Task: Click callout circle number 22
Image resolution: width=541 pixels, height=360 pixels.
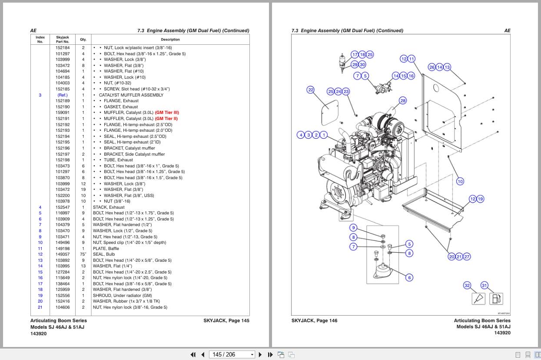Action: pyautogui.click(x=310, y=90)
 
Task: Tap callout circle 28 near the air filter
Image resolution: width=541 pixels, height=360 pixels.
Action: pyautogui.click(x=403, y=101)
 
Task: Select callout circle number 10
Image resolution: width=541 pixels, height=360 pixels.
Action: pyautogui.click(x=460, y=181)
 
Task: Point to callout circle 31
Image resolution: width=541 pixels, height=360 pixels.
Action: pyautogui.click(x=484, y=285)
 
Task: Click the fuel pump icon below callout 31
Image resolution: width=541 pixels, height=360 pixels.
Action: pyautogui.click(x=496, y=299)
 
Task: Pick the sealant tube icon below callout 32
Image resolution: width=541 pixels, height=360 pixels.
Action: pyautogui.click(x=478, y=299)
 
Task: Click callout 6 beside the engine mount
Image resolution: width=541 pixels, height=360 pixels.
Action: pyautogui.click(x=409, y=277)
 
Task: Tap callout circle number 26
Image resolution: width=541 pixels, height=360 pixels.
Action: pyautogui.click(x=431, y=67)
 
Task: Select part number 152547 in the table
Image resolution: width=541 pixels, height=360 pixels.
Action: pyautogui.click(x=63, y=207)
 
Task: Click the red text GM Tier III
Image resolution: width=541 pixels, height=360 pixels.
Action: pyautogui.click(x=167, y=113)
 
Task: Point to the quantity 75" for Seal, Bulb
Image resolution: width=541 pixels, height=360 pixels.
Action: pyautogui.click(x=83, y=254)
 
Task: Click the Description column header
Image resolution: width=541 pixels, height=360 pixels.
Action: pyautogui.click(x=170, y=39)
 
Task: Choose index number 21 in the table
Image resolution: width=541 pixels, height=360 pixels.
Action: pyautogui.click(x=40, y=307)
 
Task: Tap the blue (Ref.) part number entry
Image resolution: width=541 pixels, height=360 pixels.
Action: pyautogui.click(x=63, y=95)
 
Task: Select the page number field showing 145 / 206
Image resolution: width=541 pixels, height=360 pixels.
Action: pyautogui.click(x=231, y=354)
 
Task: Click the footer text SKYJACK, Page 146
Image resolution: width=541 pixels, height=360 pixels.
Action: pyautogui.click(x=314, y=320)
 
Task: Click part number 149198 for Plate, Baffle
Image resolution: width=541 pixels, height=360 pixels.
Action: pyautogui.click(x=63, y=249)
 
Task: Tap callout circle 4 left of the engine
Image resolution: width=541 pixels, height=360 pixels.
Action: pyautogui.click(x=301, y=135)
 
